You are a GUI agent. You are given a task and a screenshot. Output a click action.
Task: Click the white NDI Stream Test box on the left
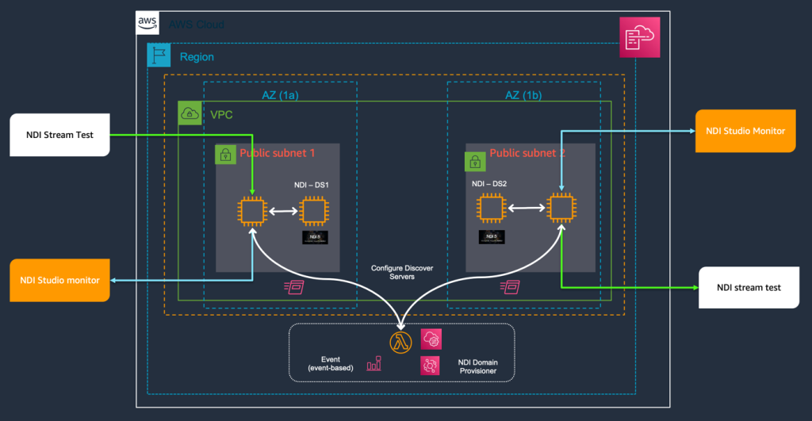click(x=59, y=135)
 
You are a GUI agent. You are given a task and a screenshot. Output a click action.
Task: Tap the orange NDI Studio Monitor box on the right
click(x=745, y=130)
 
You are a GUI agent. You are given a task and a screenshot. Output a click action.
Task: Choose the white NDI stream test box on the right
click(x=749, y=287)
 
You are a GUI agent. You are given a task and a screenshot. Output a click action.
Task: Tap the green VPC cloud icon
click(x=189, y=113)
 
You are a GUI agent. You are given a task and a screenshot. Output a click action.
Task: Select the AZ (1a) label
click(x=280, y=94)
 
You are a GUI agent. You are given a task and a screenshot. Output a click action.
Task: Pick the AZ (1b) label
click(x=523, y=94)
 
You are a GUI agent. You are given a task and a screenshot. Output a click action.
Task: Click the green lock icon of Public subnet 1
click(x=225, y=155)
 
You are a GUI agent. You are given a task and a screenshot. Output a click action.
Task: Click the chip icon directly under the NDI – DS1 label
click(x=314, y=212)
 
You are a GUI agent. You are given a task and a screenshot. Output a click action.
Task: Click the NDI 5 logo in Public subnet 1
click(x=315, y=237)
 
